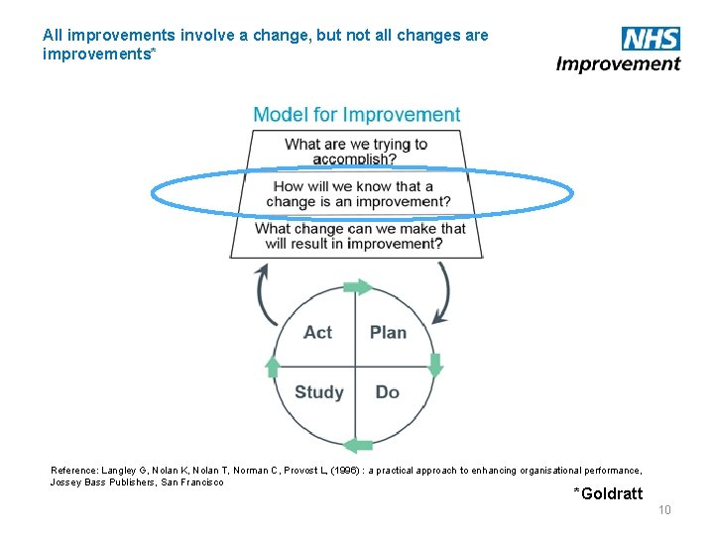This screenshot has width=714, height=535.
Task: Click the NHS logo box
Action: coord(651,39)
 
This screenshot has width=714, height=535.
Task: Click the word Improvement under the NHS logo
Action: coord(618,64)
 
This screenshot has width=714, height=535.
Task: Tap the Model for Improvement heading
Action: coord(357,115)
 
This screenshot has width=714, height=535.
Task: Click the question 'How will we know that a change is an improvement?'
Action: coord(358,194)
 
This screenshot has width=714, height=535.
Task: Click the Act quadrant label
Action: coord(317,333)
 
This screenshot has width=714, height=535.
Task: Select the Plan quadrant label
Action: coord(388,333)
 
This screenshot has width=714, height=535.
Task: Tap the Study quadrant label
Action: coord(318,392)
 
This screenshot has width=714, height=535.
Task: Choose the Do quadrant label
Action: coord(387,392)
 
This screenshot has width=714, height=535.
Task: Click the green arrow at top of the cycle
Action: coord(359,287)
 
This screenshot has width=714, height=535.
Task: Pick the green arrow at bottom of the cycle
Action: coord(358,445)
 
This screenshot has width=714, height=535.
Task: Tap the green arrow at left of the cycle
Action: coord(274,367)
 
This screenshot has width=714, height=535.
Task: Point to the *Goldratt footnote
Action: coord(608,493)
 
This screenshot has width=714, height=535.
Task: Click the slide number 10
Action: coord(664,509)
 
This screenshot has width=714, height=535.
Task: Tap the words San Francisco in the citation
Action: coord(192,482)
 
